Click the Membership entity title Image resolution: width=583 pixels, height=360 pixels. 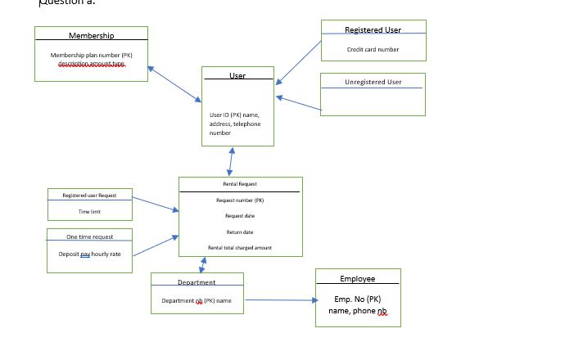[x=91, y=35]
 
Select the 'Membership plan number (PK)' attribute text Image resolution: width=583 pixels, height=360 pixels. [x=91, y=56]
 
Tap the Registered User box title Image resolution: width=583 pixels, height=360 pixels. [x=373, y=30]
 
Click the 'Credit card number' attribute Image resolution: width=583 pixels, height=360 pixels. [x=373, y=49]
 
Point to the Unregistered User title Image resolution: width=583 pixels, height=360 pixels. [x=373, y=82]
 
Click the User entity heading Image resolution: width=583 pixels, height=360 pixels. [x=237, y=76]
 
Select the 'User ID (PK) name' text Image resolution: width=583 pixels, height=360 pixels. [x=234, y=115]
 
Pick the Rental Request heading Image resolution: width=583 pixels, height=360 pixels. [x=240, y=184]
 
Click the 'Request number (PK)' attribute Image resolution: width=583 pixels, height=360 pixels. [x=240, y=200]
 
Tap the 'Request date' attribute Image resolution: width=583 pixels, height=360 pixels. [x=240, y=216]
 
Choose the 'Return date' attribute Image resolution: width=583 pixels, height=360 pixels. [x=240, y=232]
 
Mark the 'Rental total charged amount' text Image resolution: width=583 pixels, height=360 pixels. [x=240, y=247]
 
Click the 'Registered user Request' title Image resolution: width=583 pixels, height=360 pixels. [x=89, y=196]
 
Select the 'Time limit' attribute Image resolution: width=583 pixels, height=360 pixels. [x=89, y=212]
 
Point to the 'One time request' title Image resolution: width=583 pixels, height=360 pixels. [x=90, y=236]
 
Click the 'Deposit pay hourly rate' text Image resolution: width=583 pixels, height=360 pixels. [x=89, y=254]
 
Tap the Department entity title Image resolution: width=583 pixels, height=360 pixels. [x=197, y=282]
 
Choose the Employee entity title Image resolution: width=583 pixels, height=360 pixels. [x=357, y=279]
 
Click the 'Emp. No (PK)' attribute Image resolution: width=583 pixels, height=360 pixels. [x=358, y=299]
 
